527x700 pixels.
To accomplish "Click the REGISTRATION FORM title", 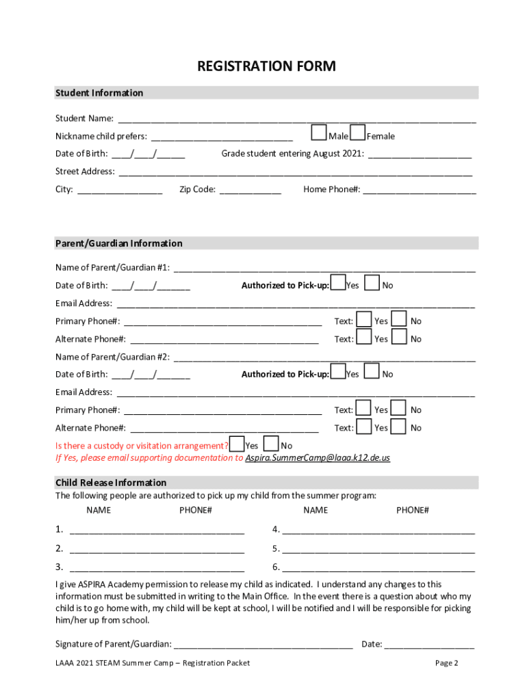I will tap(266, 66).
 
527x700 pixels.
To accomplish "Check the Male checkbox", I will tap(318, 132).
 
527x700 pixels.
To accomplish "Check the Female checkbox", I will tap(357, 132).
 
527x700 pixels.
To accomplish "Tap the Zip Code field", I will tap(250, 190).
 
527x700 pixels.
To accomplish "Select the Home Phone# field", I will tap(419, 190).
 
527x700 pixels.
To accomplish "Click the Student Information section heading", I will tap(99, 93).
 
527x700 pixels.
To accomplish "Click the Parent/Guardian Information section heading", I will tap(119, 243).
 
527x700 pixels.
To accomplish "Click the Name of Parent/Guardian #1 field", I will tap(324, 268).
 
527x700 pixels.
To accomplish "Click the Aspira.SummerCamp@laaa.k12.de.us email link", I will tap(318, 458).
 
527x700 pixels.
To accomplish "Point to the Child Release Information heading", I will tap(111, 483).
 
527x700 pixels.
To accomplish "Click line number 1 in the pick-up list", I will tap(157, 530).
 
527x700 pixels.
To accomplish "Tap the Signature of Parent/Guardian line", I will tap(264, 645).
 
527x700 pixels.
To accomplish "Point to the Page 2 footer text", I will tap(446, 663).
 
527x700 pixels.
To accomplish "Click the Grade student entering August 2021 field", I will tap(420, 154).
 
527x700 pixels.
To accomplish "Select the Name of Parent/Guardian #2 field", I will tap(324, 358).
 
